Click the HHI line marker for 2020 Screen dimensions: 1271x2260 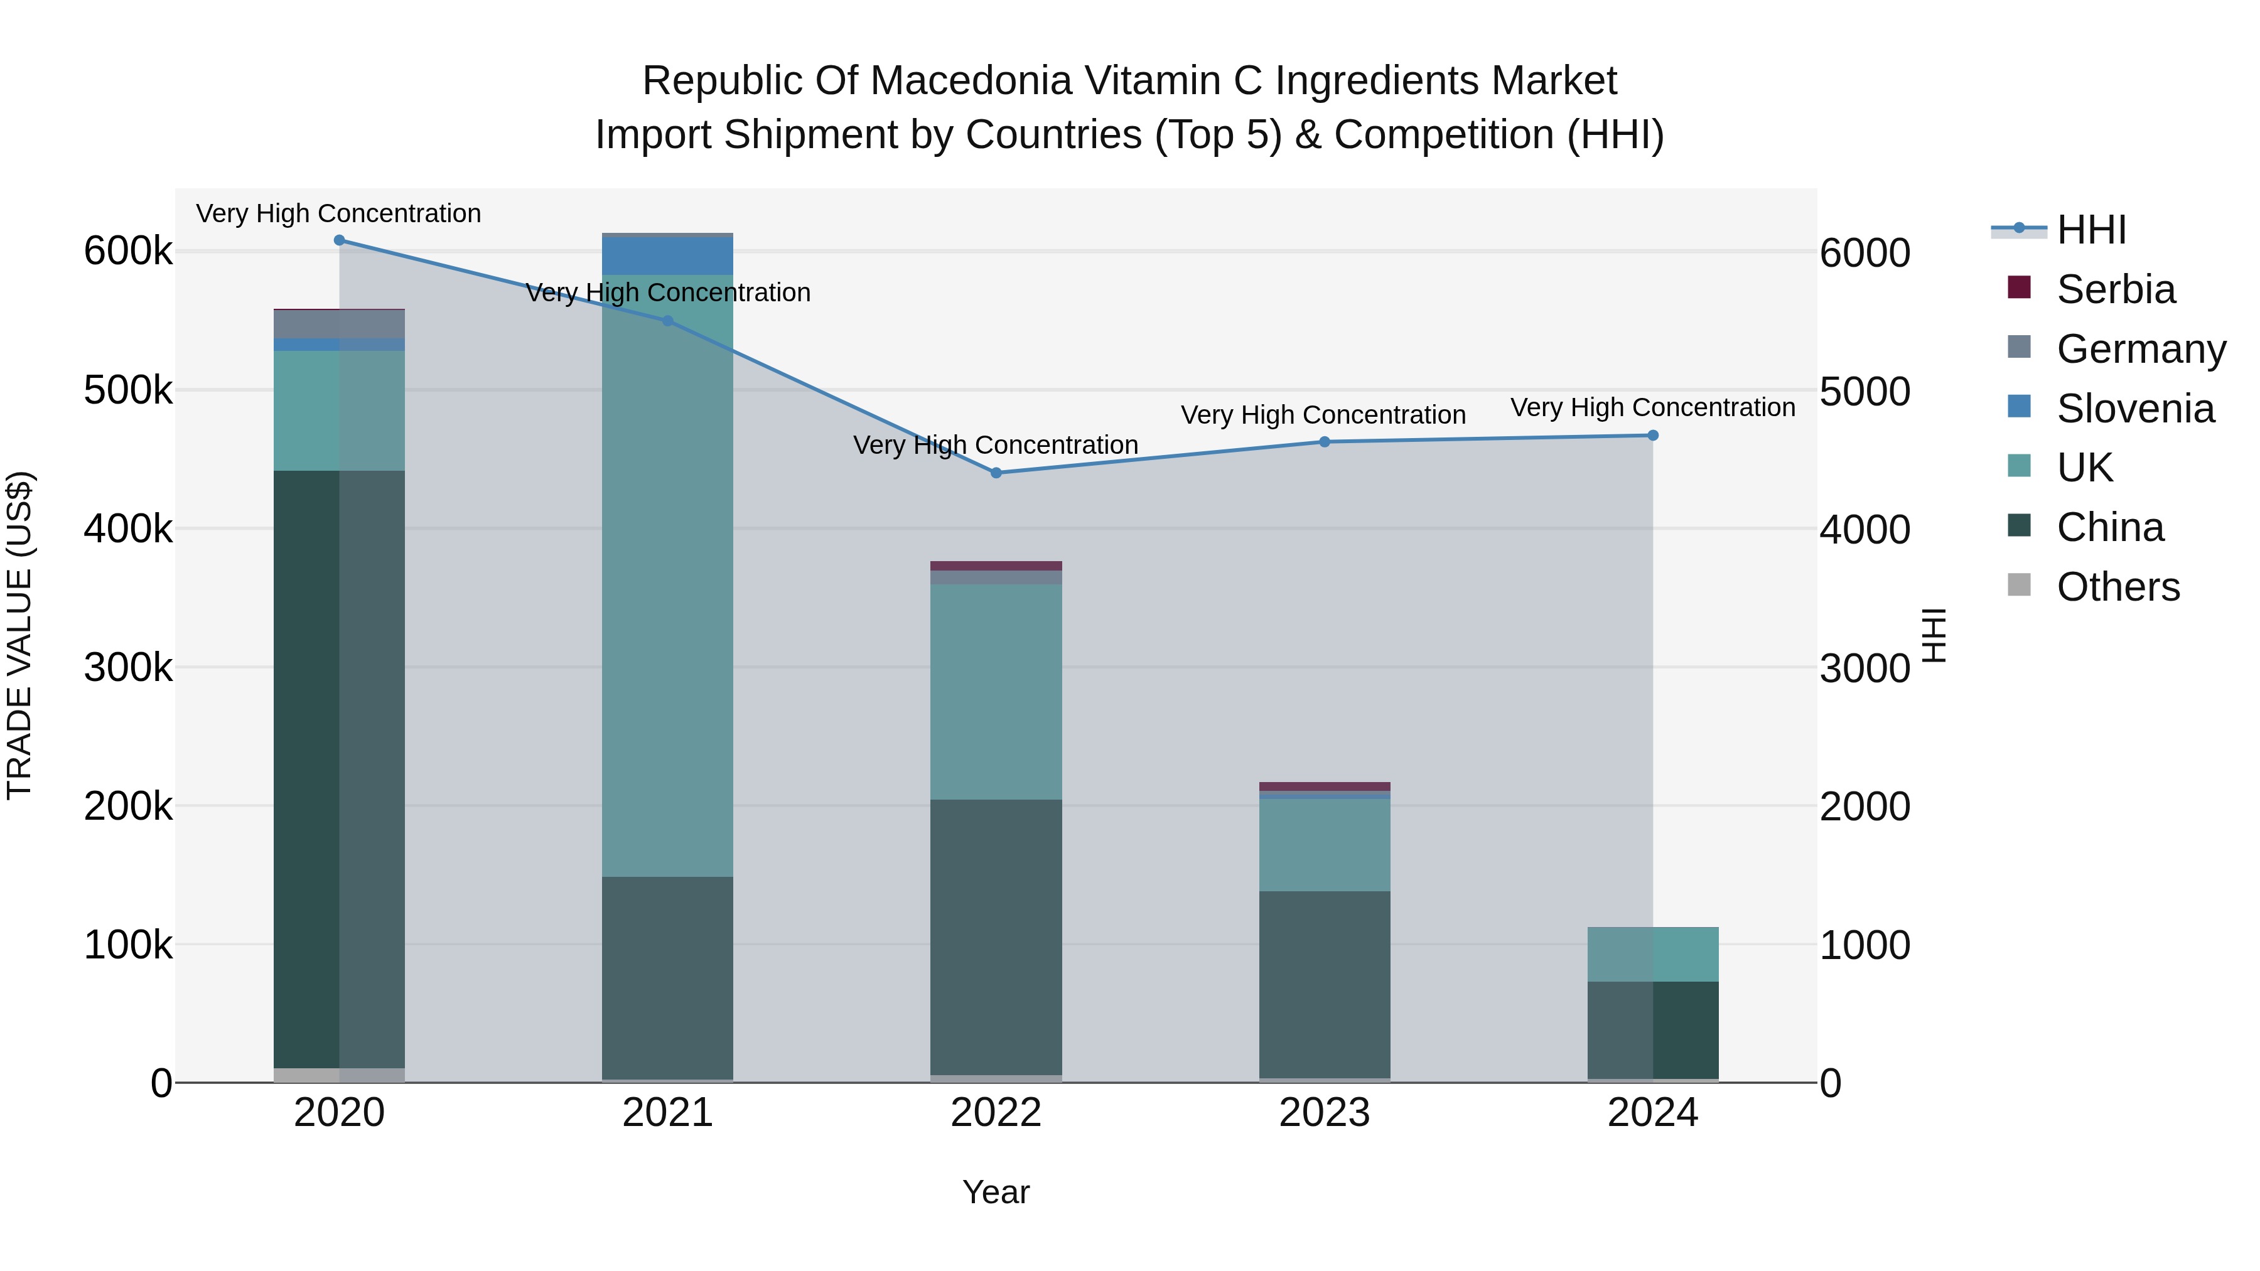click(x=340, y=240)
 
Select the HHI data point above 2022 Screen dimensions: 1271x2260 click(x=996, y=473)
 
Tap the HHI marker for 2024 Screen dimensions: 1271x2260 click(x=1653, y=435)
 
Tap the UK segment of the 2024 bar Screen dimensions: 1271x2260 click(x=1653, y=953)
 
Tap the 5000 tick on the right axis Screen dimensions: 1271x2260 click(x=1864, y=391)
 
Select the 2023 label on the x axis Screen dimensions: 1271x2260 click(x=1324, y=1113)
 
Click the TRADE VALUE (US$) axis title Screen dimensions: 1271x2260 click(x=19, y=635)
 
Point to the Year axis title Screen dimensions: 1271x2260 click(x=996, y=1192)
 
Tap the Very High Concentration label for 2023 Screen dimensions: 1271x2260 click(x=1323, y=415)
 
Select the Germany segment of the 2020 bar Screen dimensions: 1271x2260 click(x=340, y=324)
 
